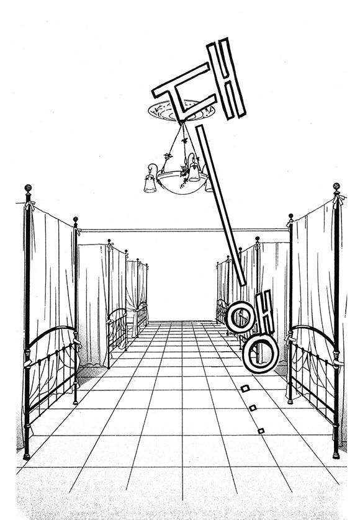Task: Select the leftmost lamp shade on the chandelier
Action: coord(150,184)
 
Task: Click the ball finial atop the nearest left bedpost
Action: coord(28,188)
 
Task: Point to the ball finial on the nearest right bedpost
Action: coord(336,186)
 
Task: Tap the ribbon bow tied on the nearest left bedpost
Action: coord(30,205)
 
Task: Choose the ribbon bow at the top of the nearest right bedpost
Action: coord(339,200)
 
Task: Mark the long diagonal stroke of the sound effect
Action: coord(220,205)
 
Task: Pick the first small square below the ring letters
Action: coord(245,388)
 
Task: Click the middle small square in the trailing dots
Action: coord(253,408)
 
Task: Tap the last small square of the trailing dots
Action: coord(261,431)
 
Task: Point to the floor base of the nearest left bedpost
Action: coord(27,457)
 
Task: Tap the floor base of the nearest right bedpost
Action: coord(336,455)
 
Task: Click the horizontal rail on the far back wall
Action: coord(184,230)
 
